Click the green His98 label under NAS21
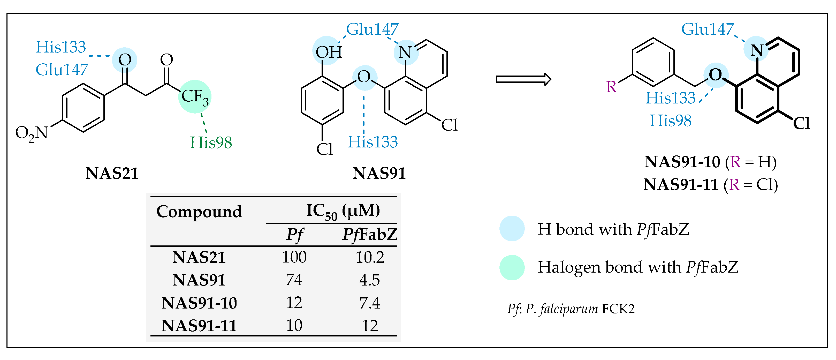point(211,142)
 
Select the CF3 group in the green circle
point(195,96)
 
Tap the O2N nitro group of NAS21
point(32,133)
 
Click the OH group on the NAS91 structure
point(328,52)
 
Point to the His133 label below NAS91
point(373,142)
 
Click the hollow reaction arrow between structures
point(523,79)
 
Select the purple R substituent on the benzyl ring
point(611,87)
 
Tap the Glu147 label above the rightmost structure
point(707,29)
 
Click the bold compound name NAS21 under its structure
point(112,173)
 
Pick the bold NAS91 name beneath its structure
point(379,173)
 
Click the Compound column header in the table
point(199,212)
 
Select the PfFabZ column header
point(370,234)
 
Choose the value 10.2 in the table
point(370,257)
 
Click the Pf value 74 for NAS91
point(294,280)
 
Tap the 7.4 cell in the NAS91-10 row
point(370,303)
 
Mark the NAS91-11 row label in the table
point(199,326)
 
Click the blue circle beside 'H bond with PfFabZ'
point(512,229)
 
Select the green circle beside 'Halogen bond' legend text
point(512,267)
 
